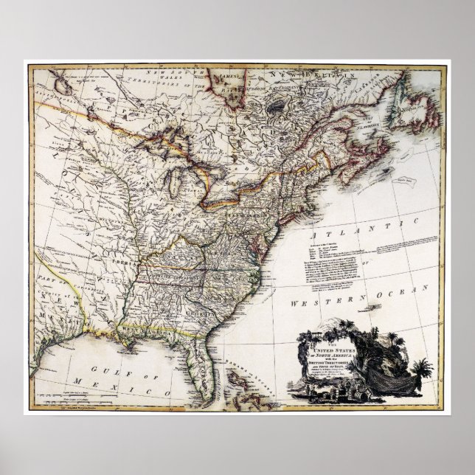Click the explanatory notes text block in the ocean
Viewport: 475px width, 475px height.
[x=332, y=254]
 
